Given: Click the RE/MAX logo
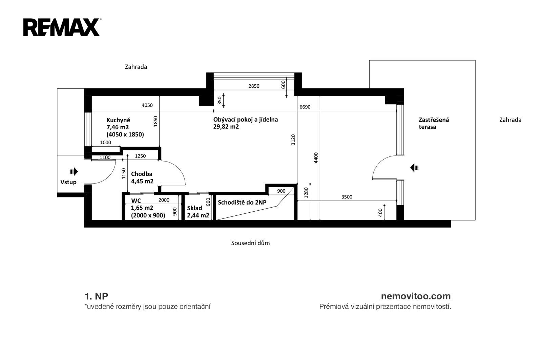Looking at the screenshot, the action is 62,27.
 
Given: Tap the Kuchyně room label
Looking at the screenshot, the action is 118,120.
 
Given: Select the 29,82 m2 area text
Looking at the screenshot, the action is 226,127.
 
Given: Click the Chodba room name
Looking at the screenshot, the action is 142,174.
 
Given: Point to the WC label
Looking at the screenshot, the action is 136,201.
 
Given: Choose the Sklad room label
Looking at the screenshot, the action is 194,208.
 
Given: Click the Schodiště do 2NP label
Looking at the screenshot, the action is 242,202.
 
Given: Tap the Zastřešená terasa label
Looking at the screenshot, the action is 434,123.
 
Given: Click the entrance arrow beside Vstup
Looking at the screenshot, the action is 74,172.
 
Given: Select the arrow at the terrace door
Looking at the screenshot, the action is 414,167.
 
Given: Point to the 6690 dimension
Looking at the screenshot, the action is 305,107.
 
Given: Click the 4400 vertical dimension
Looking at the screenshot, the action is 316,158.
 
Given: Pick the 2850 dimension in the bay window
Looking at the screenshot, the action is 254,86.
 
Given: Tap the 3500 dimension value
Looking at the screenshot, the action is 347,197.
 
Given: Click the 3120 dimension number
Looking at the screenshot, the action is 293,140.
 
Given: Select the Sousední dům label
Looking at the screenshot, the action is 250,243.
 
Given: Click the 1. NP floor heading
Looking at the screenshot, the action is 96,296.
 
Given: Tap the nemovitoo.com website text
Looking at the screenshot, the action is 416,296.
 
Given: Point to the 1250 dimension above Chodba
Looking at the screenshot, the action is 140,156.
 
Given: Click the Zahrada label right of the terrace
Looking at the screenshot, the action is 510,120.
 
